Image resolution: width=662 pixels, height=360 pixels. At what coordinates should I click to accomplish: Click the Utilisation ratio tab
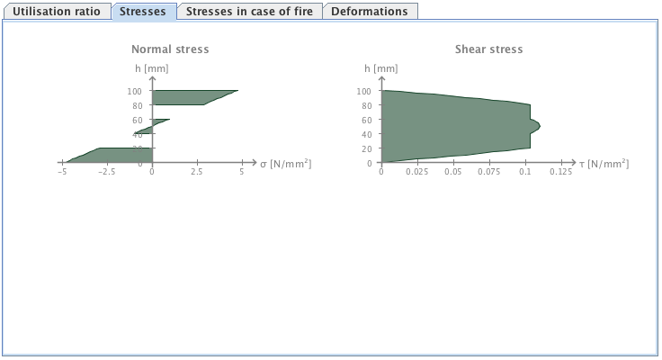[56, 12]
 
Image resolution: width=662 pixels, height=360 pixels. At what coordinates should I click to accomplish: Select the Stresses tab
[143, 12]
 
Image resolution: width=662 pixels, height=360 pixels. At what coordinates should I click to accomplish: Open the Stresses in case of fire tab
[247, 12]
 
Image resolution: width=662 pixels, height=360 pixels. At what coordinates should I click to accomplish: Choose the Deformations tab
[369, 12]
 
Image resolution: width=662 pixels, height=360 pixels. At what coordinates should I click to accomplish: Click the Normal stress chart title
[170, 49]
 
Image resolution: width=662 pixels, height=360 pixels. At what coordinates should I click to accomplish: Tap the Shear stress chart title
[488, 49]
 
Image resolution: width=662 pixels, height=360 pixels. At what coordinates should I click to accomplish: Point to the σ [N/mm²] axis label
[286, 163]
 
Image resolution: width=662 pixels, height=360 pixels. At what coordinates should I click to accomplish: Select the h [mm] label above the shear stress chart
[381, 67]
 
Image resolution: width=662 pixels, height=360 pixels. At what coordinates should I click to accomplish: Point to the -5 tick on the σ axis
[62, 171]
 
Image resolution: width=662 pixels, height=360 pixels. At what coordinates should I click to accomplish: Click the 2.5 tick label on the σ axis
[197, 171]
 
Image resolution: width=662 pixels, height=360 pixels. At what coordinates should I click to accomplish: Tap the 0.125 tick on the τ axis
[560, 171]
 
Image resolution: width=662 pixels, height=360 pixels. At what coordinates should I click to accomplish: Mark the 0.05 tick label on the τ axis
[453, 171]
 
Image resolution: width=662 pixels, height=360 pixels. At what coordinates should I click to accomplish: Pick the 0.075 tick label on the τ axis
[489, 171]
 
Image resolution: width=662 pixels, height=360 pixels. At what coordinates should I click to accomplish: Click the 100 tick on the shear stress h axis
[364, 91]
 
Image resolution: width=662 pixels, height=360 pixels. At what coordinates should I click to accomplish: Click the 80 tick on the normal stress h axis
[137, 105]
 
